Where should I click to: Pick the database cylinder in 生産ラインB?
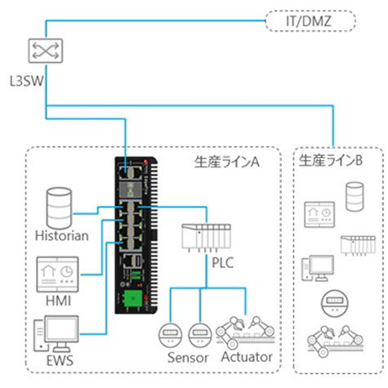[x=355, y=196]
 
